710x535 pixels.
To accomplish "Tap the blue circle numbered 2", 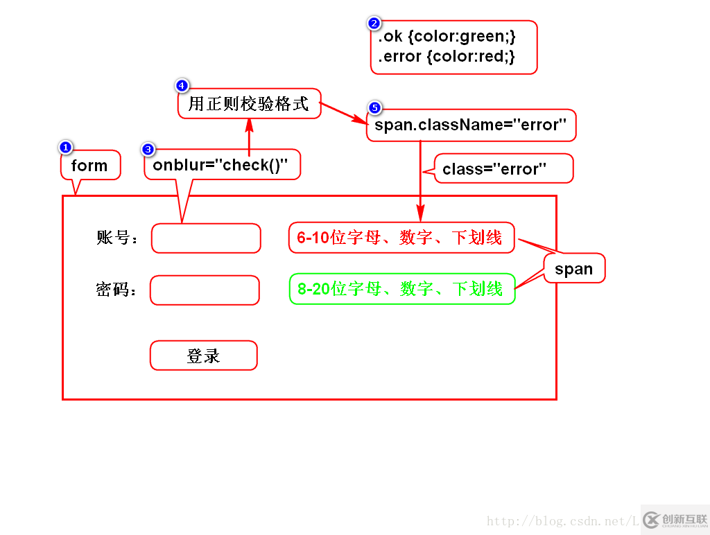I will coord(374,24).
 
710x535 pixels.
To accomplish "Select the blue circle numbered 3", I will coord(148,149).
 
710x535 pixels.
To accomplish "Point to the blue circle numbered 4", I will coord(182,86).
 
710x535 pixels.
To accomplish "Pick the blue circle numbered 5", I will coord(374,107).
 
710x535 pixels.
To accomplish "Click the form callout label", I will coord(89,166).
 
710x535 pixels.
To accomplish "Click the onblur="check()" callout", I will coord(220,165).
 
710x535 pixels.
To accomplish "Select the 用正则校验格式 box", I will coord(248,104).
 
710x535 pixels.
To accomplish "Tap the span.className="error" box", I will coord(471,125).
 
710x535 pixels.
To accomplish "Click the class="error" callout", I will coord(495,168).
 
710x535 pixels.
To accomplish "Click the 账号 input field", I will coord(206,238).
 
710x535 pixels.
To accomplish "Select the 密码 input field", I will coord(205,290).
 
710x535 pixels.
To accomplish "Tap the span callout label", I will coord(574,269).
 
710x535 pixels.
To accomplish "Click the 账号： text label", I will coord(117,238).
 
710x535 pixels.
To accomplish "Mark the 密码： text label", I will coord(116,290).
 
